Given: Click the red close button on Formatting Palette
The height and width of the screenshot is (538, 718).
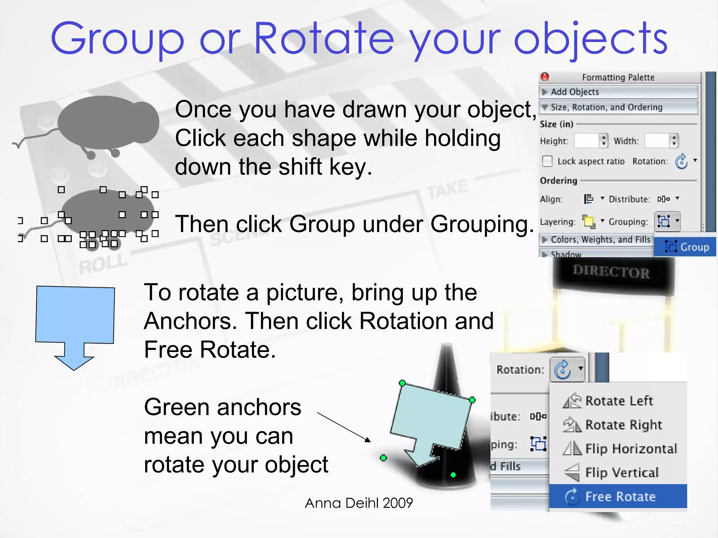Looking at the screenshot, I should pos(545,77).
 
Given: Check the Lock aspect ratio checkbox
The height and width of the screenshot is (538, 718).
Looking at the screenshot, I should pos(547,161).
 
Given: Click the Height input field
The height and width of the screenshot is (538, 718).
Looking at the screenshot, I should pos(586,141).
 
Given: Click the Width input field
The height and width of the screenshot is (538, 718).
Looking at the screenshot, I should pos(657,141).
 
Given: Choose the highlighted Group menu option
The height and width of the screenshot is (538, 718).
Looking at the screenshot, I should pos(686,247).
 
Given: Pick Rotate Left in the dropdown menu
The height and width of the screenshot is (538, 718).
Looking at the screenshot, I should pos(618,401).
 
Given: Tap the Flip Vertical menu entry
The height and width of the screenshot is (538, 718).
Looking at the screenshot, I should pos(621,473).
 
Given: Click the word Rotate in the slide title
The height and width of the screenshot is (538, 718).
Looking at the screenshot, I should pos(324,39).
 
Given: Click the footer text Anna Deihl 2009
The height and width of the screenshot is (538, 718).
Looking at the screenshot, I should pos(359,503).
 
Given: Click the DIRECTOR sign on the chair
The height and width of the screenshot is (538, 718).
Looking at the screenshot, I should pos(611,272).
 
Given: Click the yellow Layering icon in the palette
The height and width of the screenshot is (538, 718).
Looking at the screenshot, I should pos(589,221).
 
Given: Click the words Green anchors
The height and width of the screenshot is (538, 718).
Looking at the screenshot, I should pos(223,407).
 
